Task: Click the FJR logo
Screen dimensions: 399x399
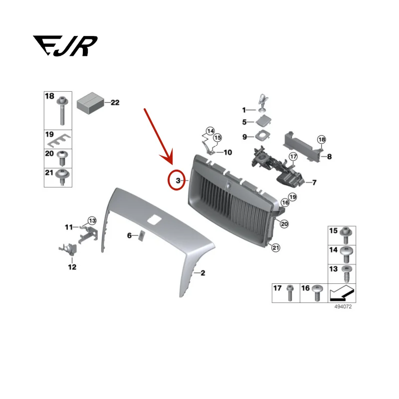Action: pos(65,46)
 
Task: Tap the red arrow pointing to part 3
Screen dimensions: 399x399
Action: pos(159,136)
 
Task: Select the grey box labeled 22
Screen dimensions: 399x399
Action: pos(90,102)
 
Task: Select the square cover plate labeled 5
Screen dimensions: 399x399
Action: pos(264,121)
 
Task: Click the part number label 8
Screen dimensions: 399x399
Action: pos(329,157)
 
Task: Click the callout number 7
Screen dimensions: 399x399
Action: pos(314,183)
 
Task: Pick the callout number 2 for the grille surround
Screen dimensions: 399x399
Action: pos(202,273)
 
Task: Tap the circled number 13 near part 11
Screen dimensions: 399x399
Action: pos(92,220)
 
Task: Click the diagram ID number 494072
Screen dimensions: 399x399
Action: pos(343,307)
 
